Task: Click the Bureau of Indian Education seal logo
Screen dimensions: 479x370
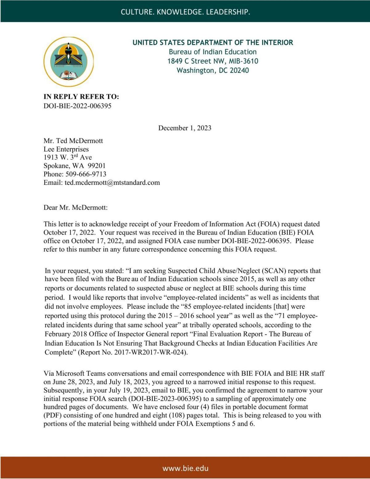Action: coord(68,62)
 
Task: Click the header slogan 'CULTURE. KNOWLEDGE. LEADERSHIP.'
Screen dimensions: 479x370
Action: coord(185,12)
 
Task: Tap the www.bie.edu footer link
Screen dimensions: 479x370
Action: coord(185,468)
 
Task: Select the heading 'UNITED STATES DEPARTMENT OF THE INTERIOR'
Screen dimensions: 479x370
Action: coord(213,43)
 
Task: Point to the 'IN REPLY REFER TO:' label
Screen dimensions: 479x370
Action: coord(81,97)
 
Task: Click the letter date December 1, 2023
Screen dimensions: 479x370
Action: coord(185,128)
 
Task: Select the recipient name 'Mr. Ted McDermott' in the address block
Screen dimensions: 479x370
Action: coord(73,141)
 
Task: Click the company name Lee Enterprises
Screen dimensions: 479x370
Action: coord(66,149)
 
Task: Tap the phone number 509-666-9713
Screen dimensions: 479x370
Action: coord(86,174)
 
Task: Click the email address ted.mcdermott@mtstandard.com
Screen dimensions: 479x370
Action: coord(112,182)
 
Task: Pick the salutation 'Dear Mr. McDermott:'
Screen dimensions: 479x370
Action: coord(76,207)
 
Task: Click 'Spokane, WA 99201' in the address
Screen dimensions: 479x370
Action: coord(74,166)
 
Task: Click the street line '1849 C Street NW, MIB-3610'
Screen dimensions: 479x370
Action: coord(213,61)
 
